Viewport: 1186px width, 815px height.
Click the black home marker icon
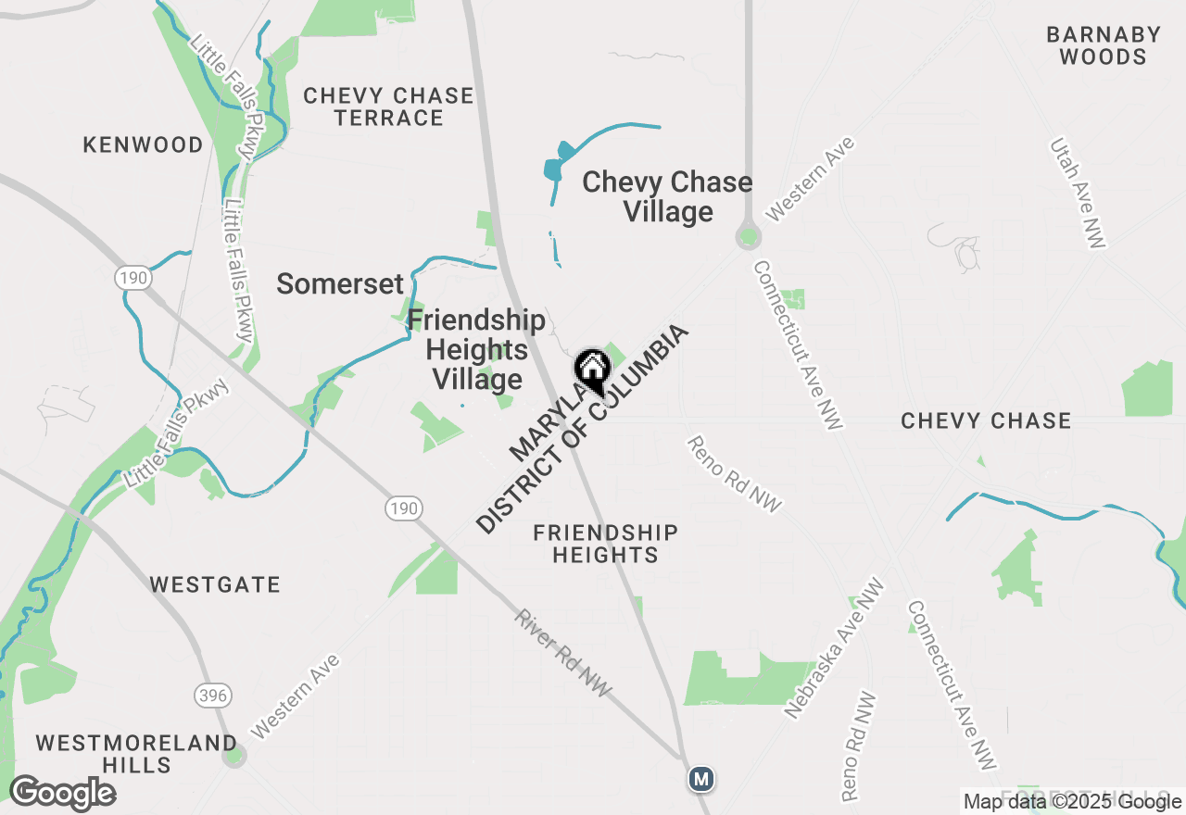pyautogui.click(x=592, y=370)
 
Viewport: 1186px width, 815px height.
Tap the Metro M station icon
pyautogui.click(x=701, y=780)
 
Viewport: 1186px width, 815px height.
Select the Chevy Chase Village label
pyautogui.click(x=667, y=196)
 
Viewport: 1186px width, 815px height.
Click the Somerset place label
pyautogui.click(x=340, y=284)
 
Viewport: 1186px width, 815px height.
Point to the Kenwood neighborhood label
pyautogui.click(x=143, y=144)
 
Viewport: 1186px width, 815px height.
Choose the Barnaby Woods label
pyautogui.click(x=1103, y=45)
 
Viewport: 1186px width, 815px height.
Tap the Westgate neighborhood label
pyautogui.click(x=215, y=584)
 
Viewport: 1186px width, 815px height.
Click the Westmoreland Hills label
pyautogui.click(x=136, y=754)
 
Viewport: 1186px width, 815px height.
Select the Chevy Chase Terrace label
pyautogui.click(x=388, y=107)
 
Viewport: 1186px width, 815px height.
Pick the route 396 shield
pyautogui.click(x=212, y=695)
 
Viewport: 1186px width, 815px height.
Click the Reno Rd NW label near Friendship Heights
pyautogui.click(x=735, y=473)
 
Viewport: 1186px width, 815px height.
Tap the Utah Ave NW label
pyautogui.click(x=1078, y=194)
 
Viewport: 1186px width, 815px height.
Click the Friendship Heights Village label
pyautogui.click(x=476, y=350)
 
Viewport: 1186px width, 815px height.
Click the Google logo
pyautogui.click(x=62, y=793)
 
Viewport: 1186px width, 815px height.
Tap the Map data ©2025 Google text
pyautogui.click(x=1072, y=802)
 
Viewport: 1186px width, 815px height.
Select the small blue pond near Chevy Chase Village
pyautogui.click(x=554, y=168)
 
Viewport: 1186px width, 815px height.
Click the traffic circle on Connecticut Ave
pyautogui.click(x=748, y=238)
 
